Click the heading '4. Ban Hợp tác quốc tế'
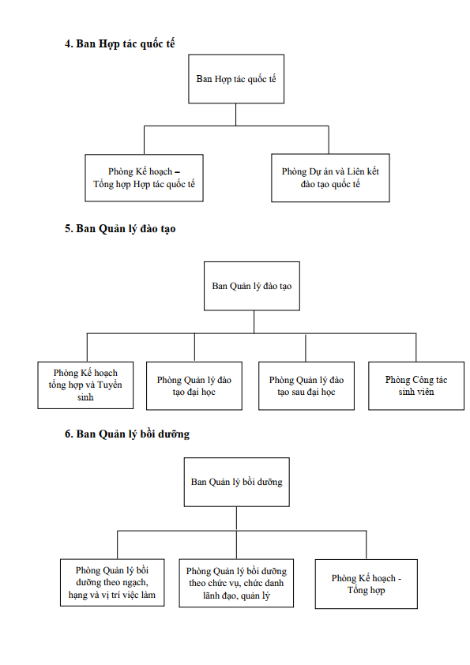119,43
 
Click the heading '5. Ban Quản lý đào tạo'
120,229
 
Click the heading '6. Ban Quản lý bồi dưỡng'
127,434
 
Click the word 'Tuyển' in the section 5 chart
110,385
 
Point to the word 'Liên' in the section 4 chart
356,171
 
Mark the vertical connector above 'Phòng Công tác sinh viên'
416,348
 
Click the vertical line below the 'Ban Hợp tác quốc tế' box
236,115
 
